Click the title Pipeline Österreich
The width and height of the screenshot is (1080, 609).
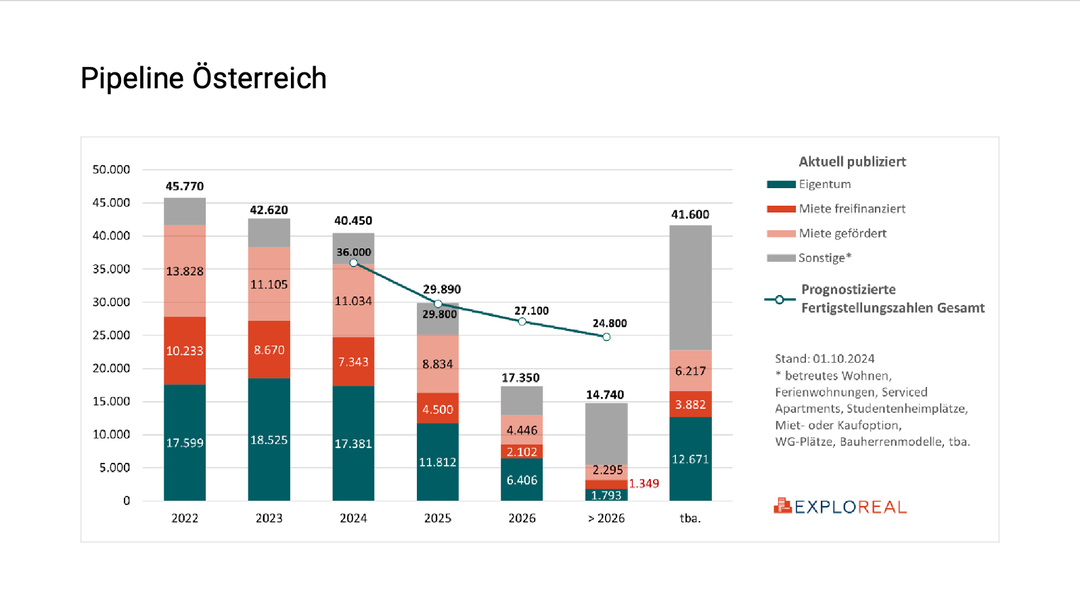click(203, 78)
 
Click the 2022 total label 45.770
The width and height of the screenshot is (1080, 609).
click(185, 186)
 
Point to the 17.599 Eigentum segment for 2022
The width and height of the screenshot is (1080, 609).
click(185, 443)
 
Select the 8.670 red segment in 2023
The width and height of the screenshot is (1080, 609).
click(269, 350)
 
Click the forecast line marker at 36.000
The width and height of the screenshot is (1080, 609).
click(353, 263)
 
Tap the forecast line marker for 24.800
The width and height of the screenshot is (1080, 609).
click(606, 337)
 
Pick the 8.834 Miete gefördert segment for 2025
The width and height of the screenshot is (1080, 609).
click(438, 364)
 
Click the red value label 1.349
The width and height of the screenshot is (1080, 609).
click(644, 483)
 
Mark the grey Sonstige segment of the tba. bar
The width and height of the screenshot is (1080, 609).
click(690, 288)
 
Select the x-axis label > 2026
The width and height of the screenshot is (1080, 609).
click(606, 518)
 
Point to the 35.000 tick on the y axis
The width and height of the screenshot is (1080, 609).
click(111, 269)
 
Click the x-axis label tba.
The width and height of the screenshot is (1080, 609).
click(690, 518)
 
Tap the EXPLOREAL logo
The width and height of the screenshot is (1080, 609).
click(840, 506)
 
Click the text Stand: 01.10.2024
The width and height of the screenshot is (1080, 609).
click(824, 359)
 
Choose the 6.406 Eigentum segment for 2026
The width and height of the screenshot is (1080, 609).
click(522, 480)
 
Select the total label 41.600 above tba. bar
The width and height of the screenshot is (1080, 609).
click(690, 215)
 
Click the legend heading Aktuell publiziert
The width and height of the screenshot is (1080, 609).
click(852, 162)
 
